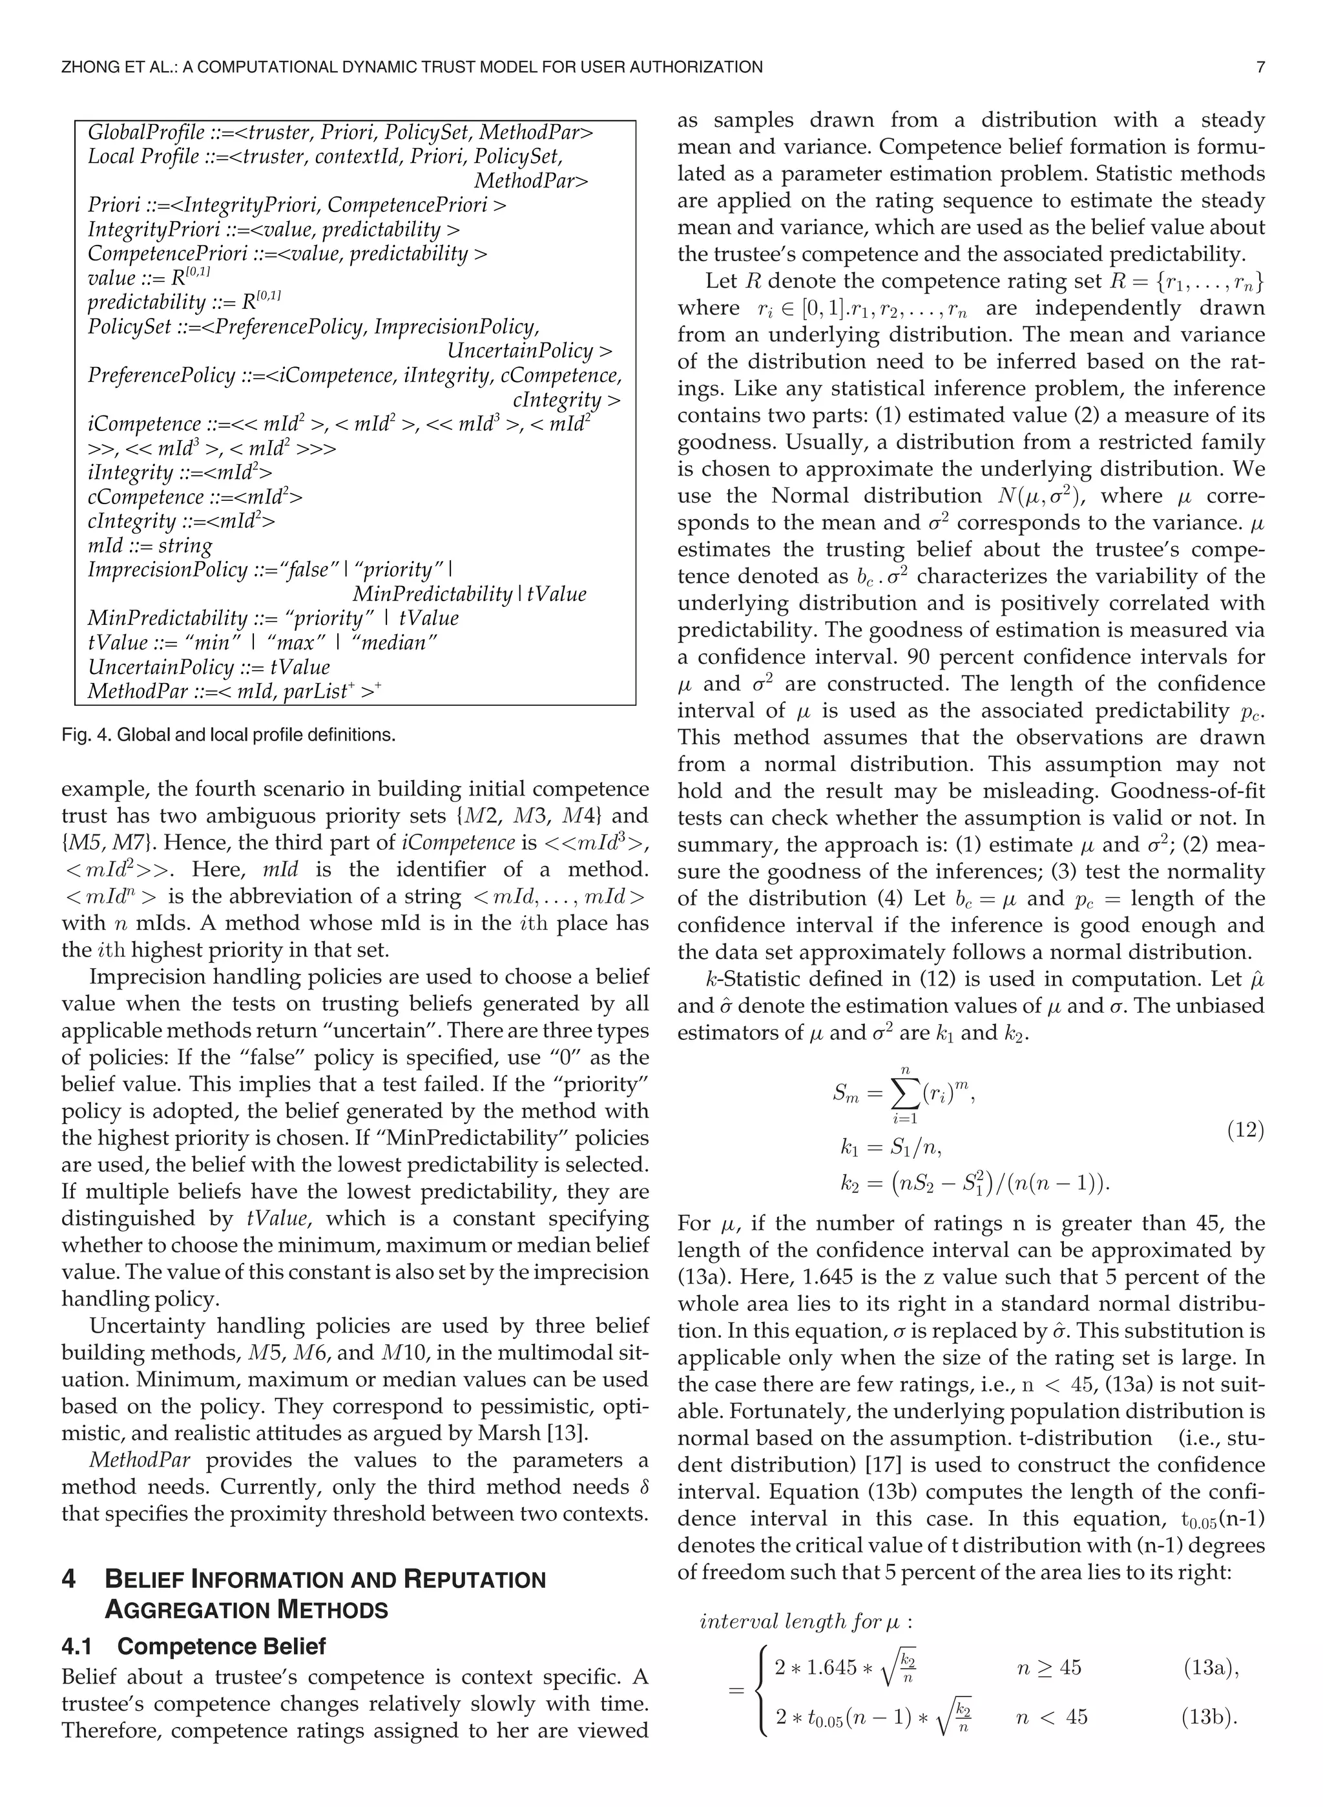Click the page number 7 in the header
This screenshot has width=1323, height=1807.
click(1260, 67)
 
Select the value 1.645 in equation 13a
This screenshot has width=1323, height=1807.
click(831, 1667)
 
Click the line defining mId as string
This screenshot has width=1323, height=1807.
click(150, 545)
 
